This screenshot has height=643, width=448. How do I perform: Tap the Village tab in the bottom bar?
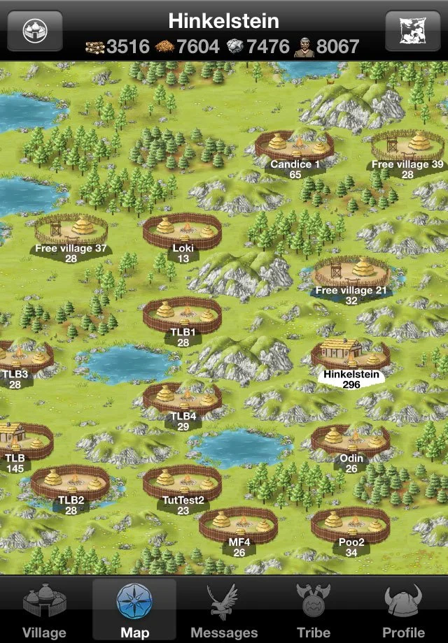point(44,612)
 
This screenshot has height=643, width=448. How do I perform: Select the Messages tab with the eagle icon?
point(224,612)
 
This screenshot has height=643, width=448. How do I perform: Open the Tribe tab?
point(313,612)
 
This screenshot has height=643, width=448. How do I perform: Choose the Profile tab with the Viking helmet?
point(403,612)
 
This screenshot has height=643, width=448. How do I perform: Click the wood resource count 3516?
point(127,47)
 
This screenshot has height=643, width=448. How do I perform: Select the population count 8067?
point(337,47)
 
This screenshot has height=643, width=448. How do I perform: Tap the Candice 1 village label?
point(295,165)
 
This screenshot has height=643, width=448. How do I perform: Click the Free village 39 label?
point(407,165)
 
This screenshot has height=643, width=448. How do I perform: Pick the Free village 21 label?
point(351,291)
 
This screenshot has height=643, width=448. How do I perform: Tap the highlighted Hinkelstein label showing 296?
point(351,375)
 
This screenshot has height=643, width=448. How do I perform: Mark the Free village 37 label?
point(71,248)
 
